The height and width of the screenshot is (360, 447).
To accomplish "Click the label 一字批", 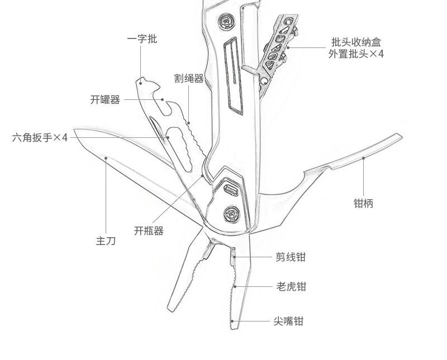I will click(142, 39).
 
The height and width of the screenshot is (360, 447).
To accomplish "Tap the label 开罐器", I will click(105, 100).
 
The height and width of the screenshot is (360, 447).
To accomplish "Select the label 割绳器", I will click(189, 78).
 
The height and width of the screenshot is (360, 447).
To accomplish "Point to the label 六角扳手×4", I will click(40, 137).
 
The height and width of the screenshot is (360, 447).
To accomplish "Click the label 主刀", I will click(106, 241).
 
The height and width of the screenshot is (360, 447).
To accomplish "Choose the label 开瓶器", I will click(149, 231).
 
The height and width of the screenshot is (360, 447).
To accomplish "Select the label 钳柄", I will click(363, 203).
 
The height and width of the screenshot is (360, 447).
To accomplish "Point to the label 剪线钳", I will click(291, 257).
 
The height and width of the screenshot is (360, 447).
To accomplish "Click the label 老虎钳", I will click(291, 287).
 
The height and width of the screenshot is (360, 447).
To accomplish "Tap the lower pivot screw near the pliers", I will click(232, 212).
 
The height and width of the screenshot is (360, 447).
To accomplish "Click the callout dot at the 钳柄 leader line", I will click(363, 158).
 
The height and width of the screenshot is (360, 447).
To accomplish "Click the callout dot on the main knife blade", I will click(106, 158).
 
